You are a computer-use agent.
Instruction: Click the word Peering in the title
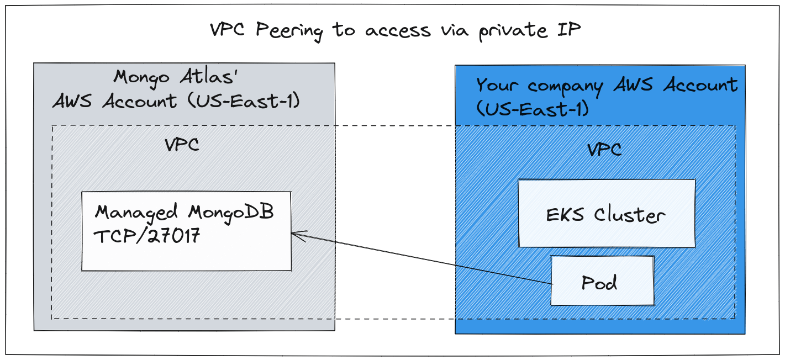point(289,31)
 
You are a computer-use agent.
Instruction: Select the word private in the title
point(513,31)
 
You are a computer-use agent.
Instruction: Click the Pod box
point(602,280)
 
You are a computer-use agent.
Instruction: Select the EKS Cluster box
point(607,213)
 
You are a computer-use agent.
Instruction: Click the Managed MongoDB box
point(186,231)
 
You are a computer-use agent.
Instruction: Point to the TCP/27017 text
point(147,236)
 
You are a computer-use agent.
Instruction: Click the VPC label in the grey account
point(182,144)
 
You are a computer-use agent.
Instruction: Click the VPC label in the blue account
point(604,150)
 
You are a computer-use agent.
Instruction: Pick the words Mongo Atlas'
point(176,77)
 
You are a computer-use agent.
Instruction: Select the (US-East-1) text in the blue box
point(533,109)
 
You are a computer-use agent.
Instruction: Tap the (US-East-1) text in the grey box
point(244,100)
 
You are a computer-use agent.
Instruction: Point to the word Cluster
point(629,215)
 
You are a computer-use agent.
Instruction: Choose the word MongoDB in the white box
point(231,213)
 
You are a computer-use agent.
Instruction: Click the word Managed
point(136,213)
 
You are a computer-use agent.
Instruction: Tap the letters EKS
point(565,215)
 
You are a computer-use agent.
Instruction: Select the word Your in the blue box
point(497,85)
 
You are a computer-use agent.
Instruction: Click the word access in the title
point(398,31)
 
